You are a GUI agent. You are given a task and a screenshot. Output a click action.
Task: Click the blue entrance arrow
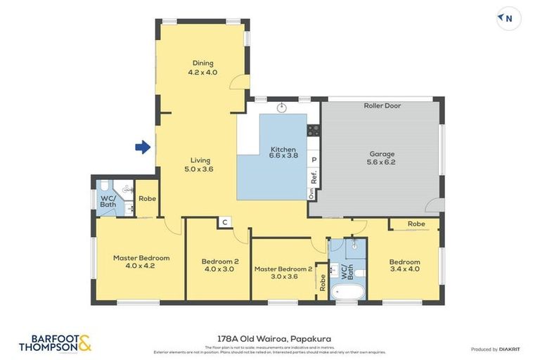[x=143, y=147]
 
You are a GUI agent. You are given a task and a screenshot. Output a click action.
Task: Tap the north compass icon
[x=508, y=19]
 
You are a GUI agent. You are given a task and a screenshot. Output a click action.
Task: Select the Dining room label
[x=202, y=67]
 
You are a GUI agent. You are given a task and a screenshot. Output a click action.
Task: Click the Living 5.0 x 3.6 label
[x=198, y=165]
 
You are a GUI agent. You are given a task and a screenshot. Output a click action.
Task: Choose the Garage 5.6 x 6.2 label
[x=382, y=158]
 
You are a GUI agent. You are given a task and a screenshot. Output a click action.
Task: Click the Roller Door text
[x=382, y=105]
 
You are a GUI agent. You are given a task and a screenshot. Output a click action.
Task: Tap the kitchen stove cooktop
[x=313, y=129]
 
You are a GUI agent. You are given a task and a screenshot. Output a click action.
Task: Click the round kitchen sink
[x=281, y=108]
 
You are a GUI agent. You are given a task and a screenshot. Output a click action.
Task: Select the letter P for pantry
[x=314, y=160]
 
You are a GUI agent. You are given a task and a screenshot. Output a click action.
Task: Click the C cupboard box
[x=224, y=223]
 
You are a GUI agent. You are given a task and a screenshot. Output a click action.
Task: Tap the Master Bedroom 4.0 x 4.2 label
[x=141, y=262]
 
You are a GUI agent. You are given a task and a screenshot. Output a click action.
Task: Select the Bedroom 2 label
[x=219, y=265]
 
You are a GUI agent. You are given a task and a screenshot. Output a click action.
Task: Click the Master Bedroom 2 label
[x=283, y=272]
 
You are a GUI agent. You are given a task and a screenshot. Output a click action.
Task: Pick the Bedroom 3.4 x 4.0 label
[x=404, y=265]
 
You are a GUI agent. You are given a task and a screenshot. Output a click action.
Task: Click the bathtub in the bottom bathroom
[x=347, y=291]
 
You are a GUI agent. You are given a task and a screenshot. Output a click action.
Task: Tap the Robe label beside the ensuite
[x=147, y=199]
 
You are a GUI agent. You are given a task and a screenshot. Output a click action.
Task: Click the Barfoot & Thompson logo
[x=55, y=343]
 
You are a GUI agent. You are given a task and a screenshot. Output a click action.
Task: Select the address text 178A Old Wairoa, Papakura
[x=270, y=338]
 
